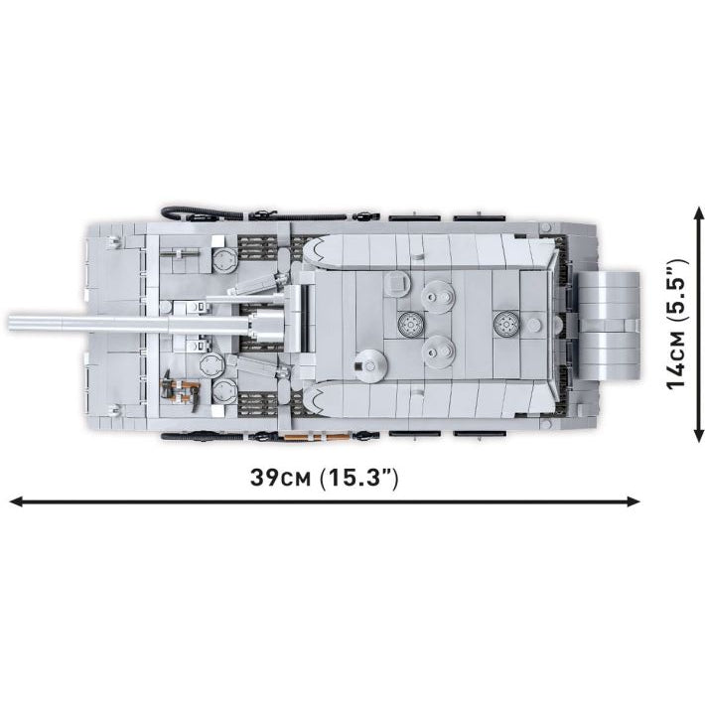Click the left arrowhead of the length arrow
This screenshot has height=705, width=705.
tap(15, 501)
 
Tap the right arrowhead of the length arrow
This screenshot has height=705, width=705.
tap(634, 501)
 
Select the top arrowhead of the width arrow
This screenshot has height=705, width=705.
tap(698, 213)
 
